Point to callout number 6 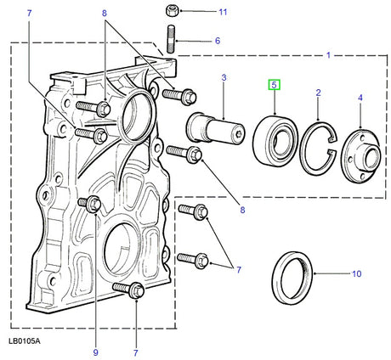217,41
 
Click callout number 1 329,56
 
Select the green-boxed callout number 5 274,84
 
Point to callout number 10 356,273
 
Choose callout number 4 360,98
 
